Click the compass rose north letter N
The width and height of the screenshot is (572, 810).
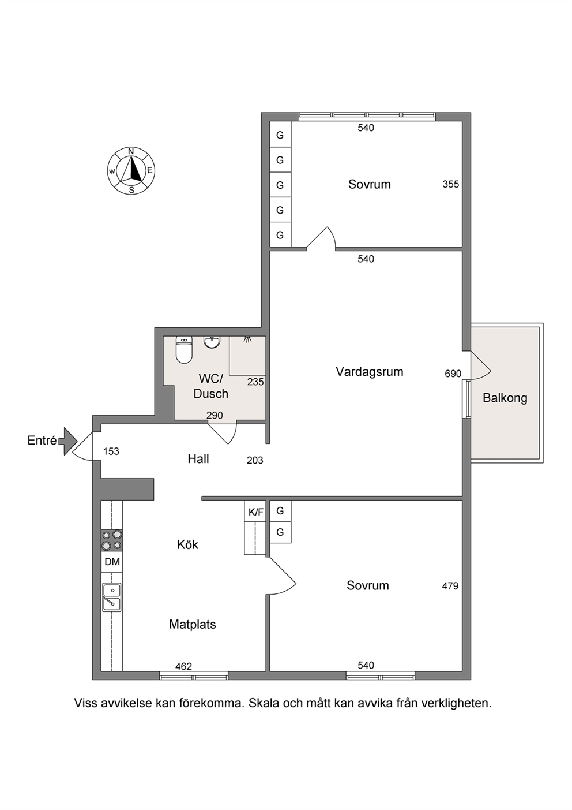click(131, 151)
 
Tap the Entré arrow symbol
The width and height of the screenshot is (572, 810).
click(68, 441)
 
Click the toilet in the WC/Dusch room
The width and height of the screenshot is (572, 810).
click(184, 350)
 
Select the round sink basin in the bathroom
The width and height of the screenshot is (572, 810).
click(212, 342)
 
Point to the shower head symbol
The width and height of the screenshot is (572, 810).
click(247, 339)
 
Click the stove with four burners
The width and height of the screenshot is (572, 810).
click(112, 540)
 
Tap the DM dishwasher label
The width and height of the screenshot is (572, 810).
click(112, 562)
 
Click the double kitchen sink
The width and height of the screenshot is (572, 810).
click(112, 598)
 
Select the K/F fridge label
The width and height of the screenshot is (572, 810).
click(256, 512)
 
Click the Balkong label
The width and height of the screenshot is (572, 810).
click(505, 398)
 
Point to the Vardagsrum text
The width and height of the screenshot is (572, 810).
click(370, 372)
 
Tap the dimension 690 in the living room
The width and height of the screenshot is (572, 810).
click(453, 374)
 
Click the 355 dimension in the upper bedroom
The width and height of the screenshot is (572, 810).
click(451, 184)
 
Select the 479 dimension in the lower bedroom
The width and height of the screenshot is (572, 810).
click(450, 586)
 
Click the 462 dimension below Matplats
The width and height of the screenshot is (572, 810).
click(183, 666)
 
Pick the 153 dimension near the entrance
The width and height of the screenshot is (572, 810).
click(111, 451)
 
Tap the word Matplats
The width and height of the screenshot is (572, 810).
click(193, 624)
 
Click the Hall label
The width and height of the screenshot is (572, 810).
click(198, 459)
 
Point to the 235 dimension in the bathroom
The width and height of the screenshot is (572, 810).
click(255, 382)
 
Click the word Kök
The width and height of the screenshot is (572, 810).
click(187, 544)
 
